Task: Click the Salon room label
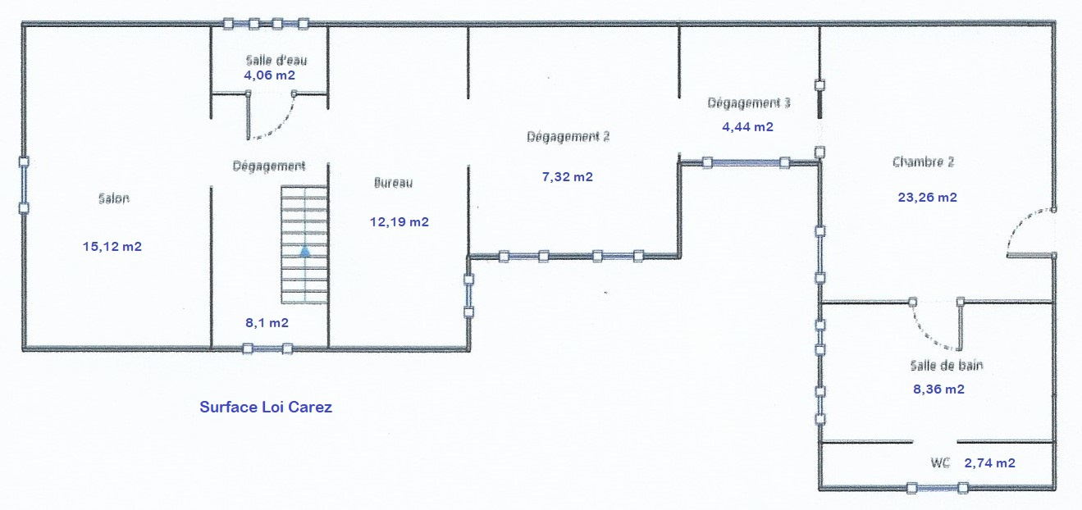pyautogui.click(x=114, y=198)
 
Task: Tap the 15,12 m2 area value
pyautogui.click(x=112, y=246)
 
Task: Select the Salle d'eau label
pyautogui.click(x=276, y=61)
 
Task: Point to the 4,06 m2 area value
pyautogui.click(x=270, y=75)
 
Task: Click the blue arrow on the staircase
pyautogui.click(x=305, y=251)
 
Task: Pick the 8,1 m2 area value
pyautogui.click(x=267, y=322)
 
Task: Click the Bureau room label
pyautogui.click(x=393, y=183)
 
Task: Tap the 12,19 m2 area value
pyautogui.click(x=399, y=221)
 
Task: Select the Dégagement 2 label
pyautogui.click(x=568, y=137)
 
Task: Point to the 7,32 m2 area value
pyautogui.click(x=568, y=177)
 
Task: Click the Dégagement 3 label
pyautogui.click(x=749, y=102)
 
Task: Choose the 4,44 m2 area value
pyautogui.click(x=748, y=126)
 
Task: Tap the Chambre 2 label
pyautogui.click(x=923, y=162)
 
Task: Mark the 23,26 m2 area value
pyautogui.click(x=928, y=197)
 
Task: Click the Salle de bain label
pyautogui.click(x=947, y=365)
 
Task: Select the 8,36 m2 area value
pyautogui.click(x=938, y=389)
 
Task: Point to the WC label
pyautogui.click(x=940, y=462)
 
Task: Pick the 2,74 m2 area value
pyautogui.click(x=990, y=463)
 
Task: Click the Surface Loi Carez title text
pyautogui.click(x=266, y=408)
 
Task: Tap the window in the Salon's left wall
pyautogui.click(x=24, y=185)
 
